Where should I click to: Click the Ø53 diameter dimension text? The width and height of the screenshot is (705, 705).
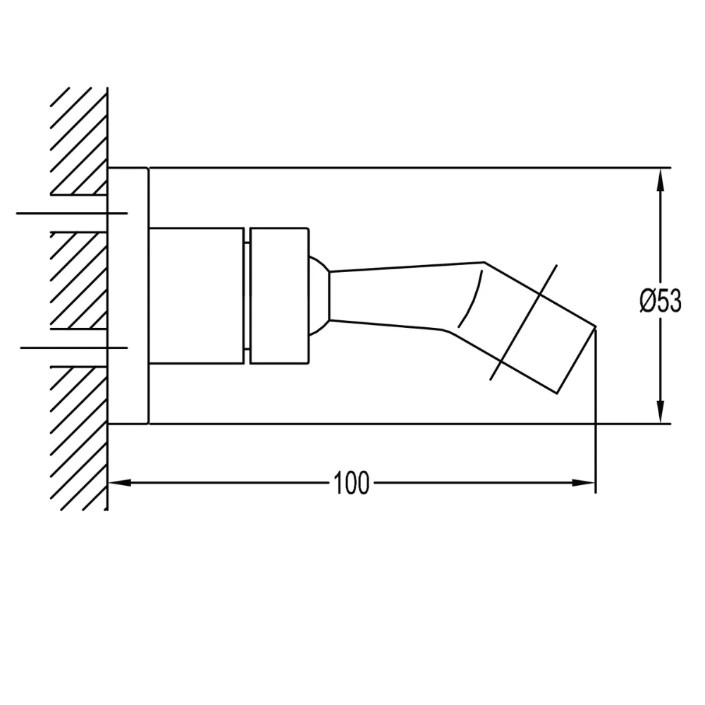click(x=661, y=301)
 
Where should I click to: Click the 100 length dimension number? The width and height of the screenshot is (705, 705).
click(x=352, y=484)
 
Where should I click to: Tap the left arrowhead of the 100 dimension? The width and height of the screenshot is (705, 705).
click(x=120, y=483)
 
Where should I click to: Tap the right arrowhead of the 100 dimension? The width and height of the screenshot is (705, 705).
click(x=584, y=483)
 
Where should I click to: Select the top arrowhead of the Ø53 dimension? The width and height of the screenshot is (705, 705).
click(x=661, y=179)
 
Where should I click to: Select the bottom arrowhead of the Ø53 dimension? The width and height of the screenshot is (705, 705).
click(x=661, y=412)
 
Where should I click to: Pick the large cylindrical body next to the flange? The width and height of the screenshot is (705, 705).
click(x=197, y=296)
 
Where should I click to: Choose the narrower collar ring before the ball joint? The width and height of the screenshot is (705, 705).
click(x=280, y=296)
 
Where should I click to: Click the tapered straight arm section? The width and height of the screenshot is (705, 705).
click(x=402, y=296)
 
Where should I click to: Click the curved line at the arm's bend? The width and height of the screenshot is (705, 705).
click(x=471, y=300)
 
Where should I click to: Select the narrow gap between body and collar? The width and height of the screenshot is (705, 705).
click(x=247, y=296)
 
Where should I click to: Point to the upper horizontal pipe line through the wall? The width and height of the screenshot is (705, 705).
click(x=70, y=212)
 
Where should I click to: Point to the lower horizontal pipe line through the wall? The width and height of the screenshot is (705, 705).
click(x=70, y=348)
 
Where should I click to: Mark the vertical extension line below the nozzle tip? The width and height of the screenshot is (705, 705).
click(x=596, y=423)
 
